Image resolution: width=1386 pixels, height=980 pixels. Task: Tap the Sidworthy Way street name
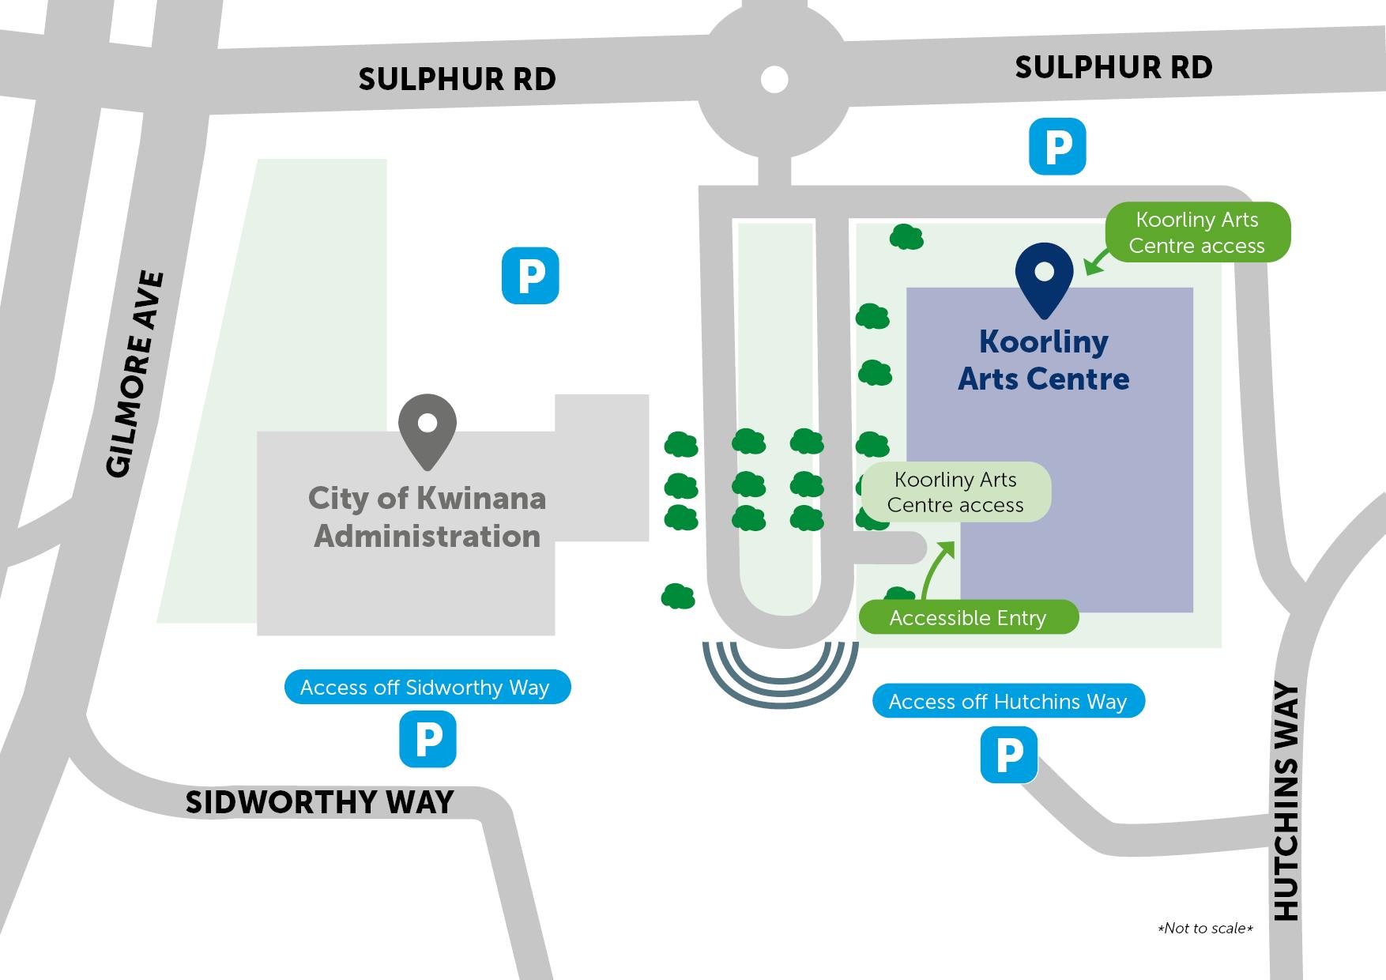click(x=319, y=802)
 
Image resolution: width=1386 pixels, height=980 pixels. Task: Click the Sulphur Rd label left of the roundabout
click(x=457, y=79)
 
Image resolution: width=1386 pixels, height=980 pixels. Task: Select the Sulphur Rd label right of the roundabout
click(x=1113, y=67)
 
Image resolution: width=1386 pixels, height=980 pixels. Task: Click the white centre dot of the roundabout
click(x=774, y=79)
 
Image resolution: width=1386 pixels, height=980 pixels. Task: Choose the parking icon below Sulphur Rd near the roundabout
click(x=1057, y=146)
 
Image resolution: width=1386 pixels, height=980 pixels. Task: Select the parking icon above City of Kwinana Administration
click(x=530, y=276)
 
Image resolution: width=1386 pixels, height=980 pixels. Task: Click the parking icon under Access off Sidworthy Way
click(x=427, y=739)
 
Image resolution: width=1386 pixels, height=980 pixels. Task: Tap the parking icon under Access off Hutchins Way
click(x=1009, y=756)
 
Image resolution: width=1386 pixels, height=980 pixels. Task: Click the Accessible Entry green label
click(x=968, y=617)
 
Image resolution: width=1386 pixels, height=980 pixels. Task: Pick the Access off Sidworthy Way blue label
click(x=427, y=688)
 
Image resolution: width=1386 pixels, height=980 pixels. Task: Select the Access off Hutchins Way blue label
click(x=1008, y=701)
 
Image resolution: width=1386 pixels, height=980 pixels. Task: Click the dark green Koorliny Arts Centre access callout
click(x=1196, y=232)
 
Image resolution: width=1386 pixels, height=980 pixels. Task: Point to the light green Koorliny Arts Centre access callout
click(x=955, y=492)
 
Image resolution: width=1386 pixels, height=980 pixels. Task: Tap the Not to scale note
click(x=1205, y=928)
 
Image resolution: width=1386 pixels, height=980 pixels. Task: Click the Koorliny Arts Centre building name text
click(x=1044, y=360)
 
